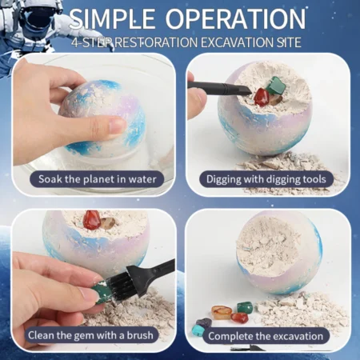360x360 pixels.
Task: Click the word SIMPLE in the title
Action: coord(112,18)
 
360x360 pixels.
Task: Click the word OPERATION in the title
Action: coord(235,18)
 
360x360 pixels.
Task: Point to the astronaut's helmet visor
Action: coord(38,17)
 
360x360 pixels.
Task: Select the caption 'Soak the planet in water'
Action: coord(97,179)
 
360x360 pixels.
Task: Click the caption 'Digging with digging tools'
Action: coord(266,179)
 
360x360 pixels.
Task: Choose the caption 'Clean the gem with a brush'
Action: coord(90,335)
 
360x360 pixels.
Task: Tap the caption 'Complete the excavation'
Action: coord(266,336)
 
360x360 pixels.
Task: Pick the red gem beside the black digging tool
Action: coord(262,98)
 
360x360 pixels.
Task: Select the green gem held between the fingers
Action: coord(101,291)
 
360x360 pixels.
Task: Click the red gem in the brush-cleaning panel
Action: coord(91,220)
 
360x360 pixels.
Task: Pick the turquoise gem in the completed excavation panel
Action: coord(198,330)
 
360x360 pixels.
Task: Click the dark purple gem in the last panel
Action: coord(204,322)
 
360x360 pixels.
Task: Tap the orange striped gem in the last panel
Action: coord(222,311)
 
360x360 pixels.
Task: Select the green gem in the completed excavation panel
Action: coord(245,307)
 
